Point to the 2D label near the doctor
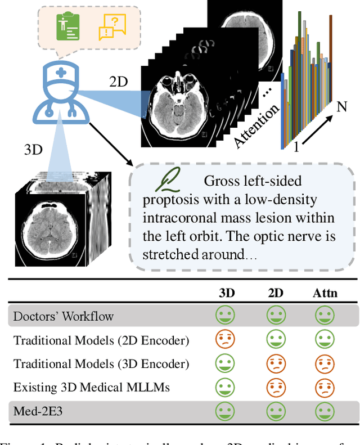click(x=119, y=82)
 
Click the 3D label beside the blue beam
click(x=34, y=150)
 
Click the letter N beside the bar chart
click(x=341, y=107)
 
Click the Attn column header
click(x=324, y=293)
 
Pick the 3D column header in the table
click(x=227, y=293)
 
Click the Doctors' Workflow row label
click(x=64, y=316)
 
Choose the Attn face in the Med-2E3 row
click(x=324, y=412)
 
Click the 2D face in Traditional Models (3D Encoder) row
click(x=276, y=363)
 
